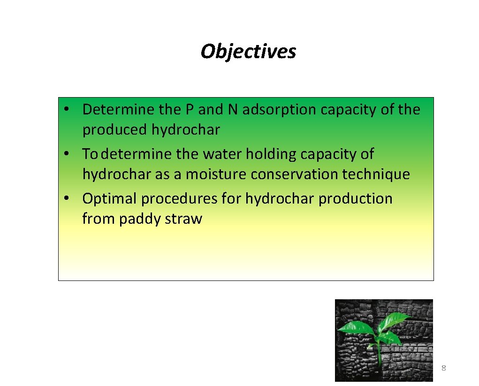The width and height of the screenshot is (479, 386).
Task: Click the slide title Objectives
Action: pyautogui.click(x=248, y=51)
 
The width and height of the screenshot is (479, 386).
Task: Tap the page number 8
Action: pyautogui.click(x=443, y=368)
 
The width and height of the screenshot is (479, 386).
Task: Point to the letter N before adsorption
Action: pyautogui.click(x=233, y=110)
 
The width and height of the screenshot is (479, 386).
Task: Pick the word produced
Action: pyautogui.click(x=115, y=130)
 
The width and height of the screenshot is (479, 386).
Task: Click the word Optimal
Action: pyautogui.click(x=110, y=199)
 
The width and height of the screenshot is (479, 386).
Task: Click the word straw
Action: pyautogui.click(x=183, y=219)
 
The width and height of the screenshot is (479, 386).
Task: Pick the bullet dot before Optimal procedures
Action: pyautogui.click(x=68, y=198)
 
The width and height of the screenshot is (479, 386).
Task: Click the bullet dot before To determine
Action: pyautogui.click(x=68, y=153)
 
